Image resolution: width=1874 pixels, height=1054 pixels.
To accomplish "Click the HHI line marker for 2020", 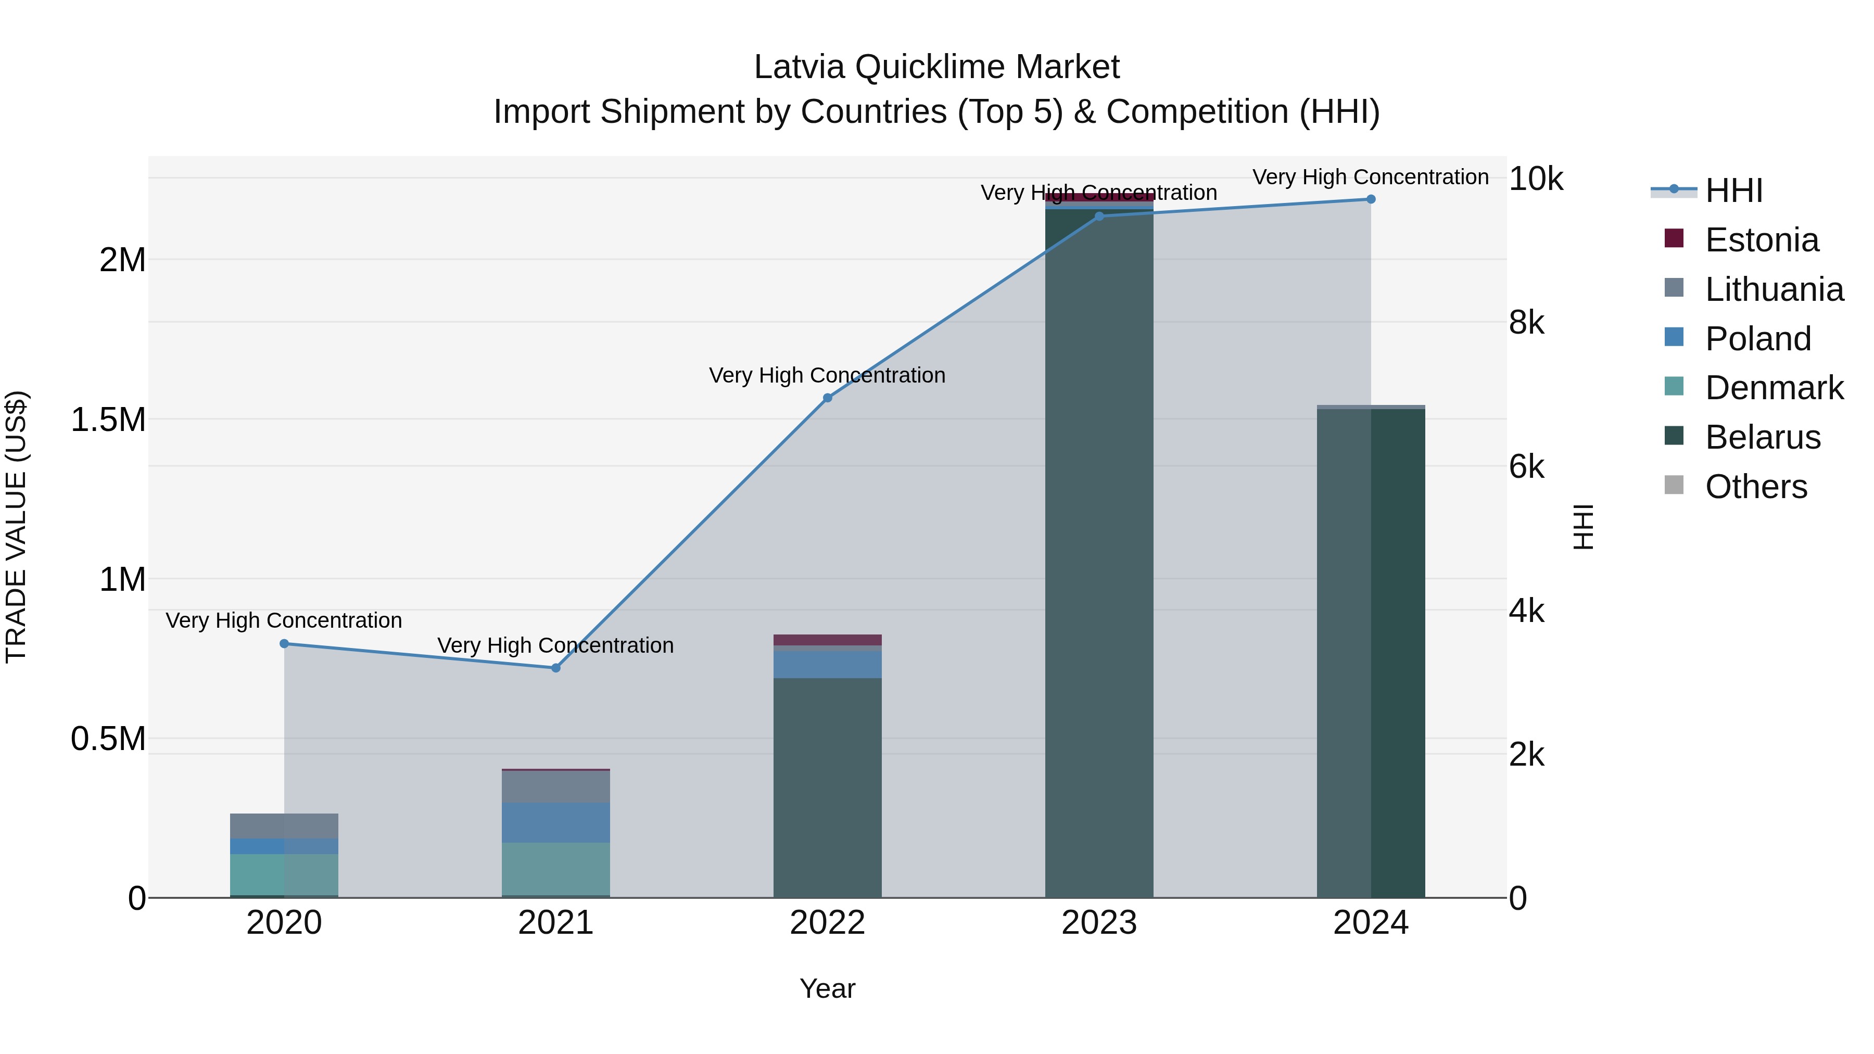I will [284, 644].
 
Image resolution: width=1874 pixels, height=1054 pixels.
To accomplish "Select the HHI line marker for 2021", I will [556, 668].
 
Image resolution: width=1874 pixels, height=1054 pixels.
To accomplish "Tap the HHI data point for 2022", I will [827, 398].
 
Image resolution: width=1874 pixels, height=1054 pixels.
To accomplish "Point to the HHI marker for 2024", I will [1371, 199].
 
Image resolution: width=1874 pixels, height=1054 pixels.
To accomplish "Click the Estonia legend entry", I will [1761, 240].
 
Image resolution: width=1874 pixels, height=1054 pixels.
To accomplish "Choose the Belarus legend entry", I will [1762, 437].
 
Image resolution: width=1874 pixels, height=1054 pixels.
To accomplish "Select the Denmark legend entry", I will [1774, 388].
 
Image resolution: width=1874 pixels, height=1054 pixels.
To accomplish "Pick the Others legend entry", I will [1755, 487].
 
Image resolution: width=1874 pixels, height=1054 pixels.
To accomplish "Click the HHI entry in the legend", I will [1733, 191].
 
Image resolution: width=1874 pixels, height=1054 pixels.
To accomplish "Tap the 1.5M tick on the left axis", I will [108, 420].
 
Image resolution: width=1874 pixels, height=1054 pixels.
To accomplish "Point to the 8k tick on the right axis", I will [1526, 322].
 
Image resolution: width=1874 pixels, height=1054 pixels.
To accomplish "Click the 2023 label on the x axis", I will [1098, 923].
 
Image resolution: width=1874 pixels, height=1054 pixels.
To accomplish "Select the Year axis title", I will [827, 988].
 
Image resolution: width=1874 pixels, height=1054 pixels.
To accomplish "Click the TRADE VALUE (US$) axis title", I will [16, 527].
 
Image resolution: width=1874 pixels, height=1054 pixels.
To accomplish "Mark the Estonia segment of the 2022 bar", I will [827, 640].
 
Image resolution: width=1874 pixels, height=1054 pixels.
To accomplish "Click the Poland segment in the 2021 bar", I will [556, 823].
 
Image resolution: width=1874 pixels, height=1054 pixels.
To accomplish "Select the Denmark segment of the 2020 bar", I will [284, 874].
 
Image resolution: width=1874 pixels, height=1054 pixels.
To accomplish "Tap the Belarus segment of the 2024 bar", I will [1371, 655].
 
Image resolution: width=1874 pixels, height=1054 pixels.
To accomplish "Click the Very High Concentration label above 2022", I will [827, 375].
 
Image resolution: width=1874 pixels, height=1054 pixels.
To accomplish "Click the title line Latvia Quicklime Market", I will [936, 67].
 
